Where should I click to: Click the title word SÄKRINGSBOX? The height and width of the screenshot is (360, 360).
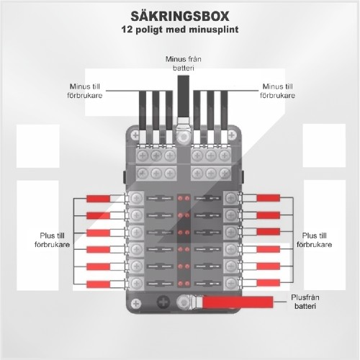[x=180, y=16]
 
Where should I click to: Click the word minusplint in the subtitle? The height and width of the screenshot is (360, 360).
[x=214, y=30]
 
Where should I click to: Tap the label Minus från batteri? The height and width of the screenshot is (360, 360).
[x=184, y=63]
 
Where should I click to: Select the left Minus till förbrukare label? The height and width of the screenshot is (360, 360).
[x=85, y=91]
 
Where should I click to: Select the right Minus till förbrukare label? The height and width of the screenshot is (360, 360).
[x=278, y=91]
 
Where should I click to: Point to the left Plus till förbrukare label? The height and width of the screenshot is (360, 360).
[x=52, y=240]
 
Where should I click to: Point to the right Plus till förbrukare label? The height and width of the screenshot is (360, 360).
[x=315, y=240]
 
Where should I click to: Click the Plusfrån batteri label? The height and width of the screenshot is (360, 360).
[x=305, y=302]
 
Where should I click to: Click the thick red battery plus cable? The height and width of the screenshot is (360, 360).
[x=238, y=302]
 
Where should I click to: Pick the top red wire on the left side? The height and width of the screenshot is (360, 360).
[x=99, y=199]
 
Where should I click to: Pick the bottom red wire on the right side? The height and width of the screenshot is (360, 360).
[x=269, y=283]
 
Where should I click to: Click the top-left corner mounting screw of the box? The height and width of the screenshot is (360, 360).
[x=135, y=135]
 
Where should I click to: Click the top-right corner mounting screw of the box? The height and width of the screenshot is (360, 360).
[x=232, y=135]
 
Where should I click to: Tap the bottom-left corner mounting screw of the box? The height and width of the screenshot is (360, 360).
[x=136, y=303]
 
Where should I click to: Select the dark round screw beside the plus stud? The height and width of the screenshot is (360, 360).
[x=163, y=302]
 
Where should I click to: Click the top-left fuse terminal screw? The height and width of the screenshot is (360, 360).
[x=136, y=198]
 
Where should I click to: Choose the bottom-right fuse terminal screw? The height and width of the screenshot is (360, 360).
[x=231, y=283]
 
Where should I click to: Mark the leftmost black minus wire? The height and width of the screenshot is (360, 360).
[x=143, y=111]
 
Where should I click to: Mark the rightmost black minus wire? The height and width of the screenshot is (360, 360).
[x=224, y=111]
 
